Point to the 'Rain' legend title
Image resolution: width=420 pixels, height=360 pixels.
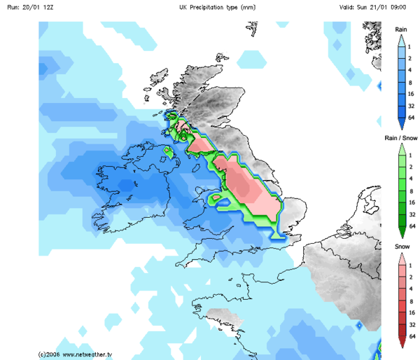[x=401, y=29]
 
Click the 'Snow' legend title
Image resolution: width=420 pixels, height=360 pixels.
[x=400, y=247]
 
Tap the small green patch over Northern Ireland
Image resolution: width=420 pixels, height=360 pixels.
[x=168, y=149]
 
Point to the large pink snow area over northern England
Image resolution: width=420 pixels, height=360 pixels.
[x=244, y=186]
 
